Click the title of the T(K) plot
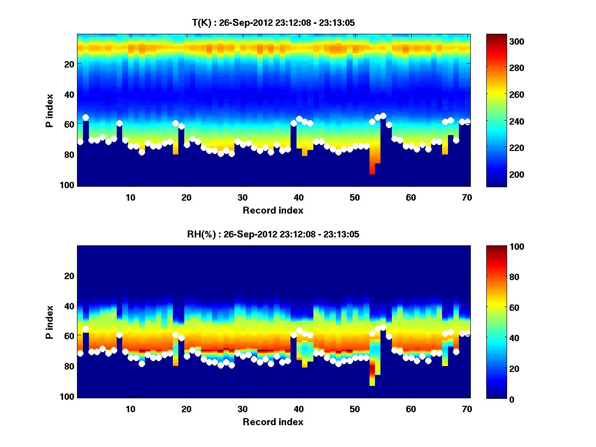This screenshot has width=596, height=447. click(x=273, y=22)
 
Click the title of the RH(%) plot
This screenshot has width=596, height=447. click(x=273, y=234)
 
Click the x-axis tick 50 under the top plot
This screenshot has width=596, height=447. click(x=354, y=197)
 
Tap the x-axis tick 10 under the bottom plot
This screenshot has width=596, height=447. click(x=130, y=409)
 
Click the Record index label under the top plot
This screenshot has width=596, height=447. click(x=273, y=210)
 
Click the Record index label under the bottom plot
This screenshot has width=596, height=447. click(x=273, y=422)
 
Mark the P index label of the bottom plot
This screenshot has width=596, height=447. click(x=49, y=322)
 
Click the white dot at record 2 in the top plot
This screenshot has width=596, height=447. click(x=86, y=118)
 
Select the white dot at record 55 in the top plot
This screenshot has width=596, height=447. click(x=383, y=116)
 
